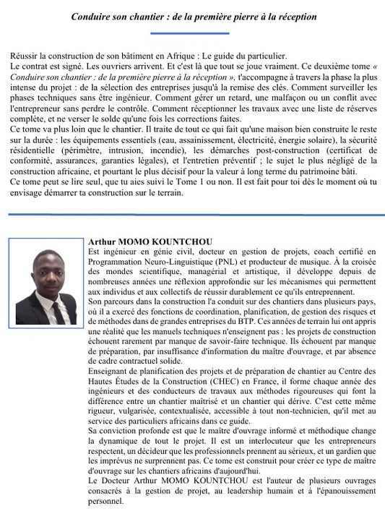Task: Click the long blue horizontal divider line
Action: [x=192, y=215]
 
